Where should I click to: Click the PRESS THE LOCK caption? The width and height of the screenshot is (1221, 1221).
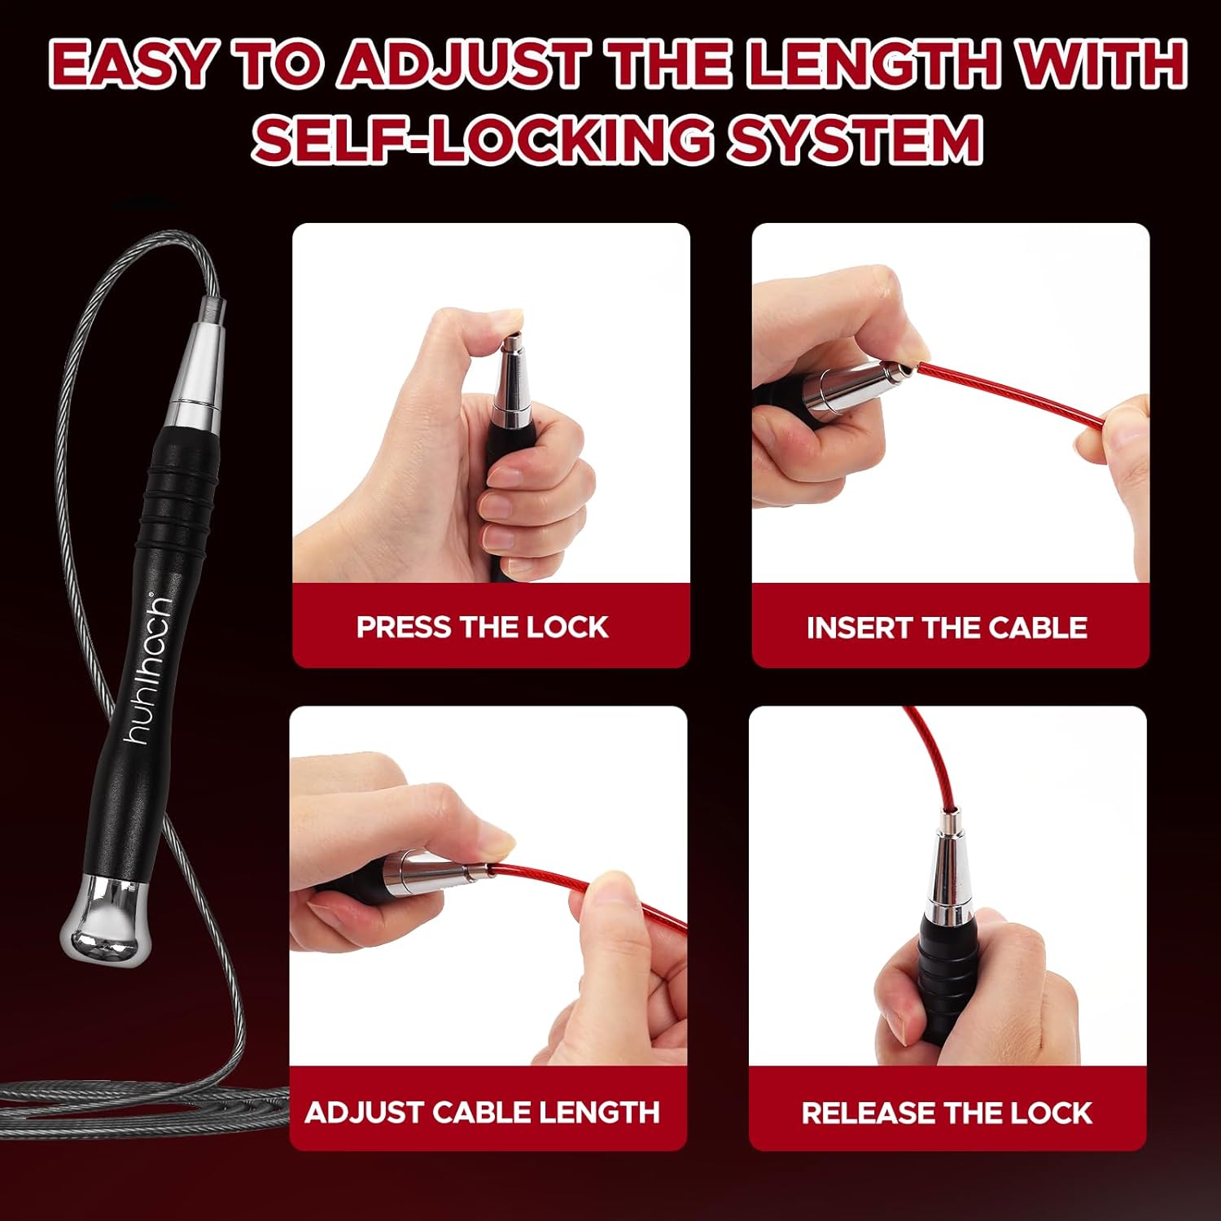[x=482, y=627]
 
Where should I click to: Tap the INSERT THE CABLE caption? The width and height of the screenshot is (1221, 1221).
[x=947, y=628]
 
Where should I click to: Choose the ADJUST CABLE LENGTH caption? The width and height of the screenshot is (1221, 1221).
[x=482, y=1112]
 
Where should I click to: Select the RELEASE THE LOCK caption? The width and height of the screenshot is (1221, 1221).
[x=947, y=1113]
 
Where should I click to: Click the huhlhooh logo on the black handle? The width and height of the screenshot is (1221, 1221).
[x=149, y=669]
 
